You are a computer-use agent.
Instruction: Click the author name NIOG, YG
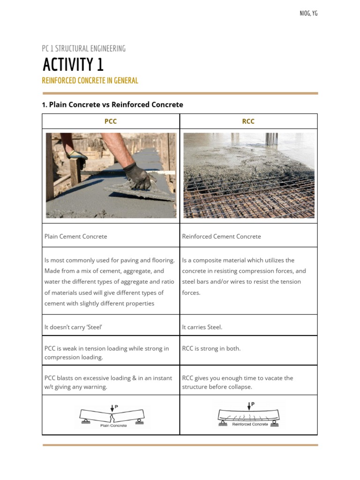point(308,13)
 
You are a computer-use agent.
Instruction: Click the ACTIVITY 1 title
point(73,65)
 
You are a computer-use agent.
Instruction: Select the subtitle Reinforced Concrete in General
point(90,81)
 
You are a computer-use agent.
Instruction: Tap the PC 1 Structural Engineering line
point(83,49)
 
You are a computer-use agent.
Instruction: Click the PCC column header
point(111,121)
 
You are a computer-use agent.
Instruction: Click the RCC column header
point(248,121)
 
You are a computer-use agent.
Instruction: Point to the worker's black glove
point(139,177)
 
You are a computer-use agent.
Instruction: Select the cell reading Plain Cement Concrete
point(75,237)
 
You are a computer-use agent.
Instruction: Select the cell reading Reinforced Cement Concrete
point(221,237)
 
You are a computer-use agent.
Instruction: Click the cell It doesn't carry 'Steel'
point(73,327)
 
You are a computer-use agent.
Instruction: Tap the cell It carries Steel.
point(202,327)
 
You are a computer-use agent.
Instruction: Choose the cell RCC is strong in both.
point(211,349)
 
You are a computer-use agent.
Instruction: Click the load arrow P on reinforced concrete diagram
point(249,405)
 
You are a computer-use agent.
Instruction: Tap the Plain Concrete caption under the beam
point(113,426)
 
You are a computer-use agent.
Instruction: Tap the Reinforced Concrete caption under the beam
point(250,424)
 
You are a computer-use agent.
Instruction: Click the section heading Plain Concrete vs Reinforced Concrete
point(112,105)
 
